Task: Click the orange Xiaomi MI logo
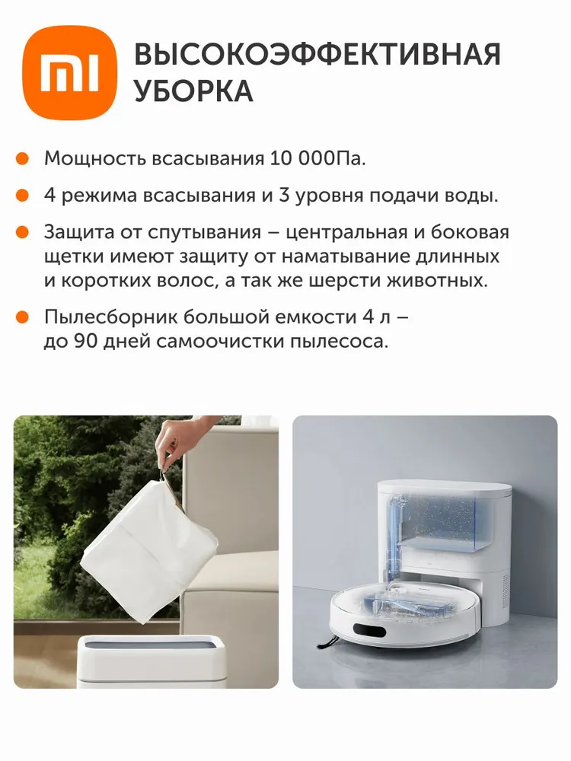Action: click(x=69, y=73)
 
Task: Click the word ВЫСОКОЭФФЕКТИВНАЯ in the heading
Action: click(x=317, y=55)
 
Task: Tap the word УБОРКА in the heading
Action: click(x=193, y=91)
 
